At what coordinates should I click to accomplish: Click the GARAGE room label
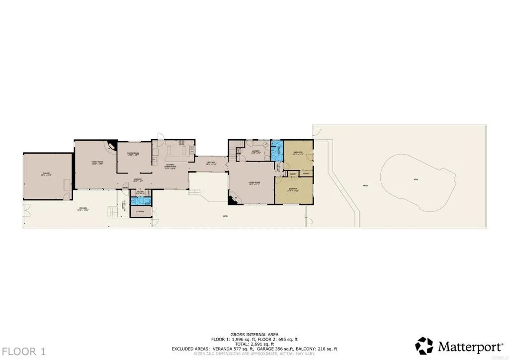(x=46, y=174)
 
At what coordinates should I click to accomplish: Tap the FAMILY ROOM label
(x=96, y=162)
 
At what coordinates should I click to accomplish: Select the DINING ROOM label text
(x=133, y=154)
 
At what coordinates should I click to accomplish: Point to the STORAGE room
(x=140, y=212)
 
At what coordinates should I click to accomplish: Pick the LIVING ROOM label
(x=254, y=182)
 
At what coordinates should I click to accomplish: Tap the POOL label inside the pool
(x=416, y=180)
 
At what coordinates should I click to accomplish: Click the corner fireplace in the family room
(x=112, y=145)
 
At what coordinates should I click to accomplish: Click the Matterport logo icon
(x=424, y=346)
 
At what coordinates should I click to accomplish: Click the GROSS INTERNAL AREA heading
(x=254, y=334)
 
